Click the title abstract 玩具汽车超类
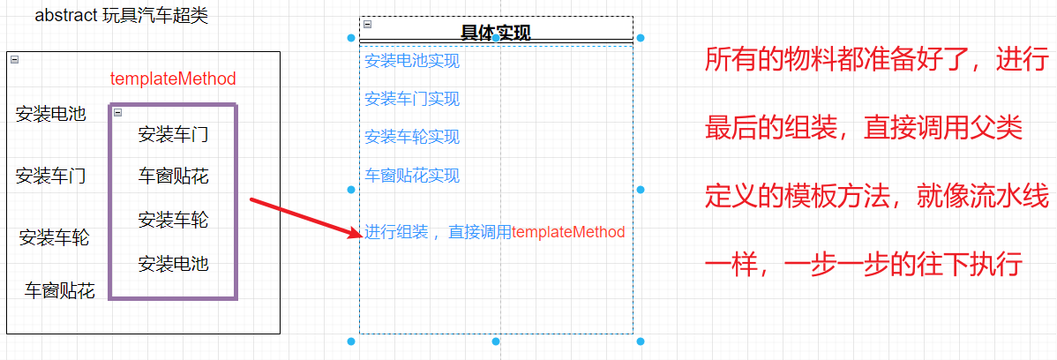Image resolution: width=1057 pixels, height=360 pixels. click(122, 16)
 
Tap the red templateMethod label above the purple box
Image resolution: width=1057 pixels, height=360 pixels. click(173, 79)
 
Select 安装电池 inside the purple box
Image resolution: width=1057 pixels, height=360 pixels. click(173, 264)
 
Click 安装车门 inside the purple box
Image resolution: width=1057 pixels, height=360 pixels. click(173, 135)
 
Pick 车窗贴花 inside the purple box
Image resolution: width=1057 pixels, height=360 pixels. click(173, 176)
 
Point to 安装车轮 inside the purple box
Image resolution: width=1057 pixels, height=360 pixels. click(173, 220)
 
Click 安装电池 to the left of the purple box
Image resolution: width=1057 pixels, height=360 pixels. click(51, 114)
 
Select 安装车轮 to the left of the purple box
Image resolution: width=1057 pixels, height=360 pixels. click(54, 237)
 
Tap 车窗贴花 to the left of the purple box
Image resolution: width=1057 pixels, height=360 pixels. click(59, 290)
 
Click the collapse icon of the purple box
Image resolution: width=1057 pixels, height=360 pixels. click(117, 113)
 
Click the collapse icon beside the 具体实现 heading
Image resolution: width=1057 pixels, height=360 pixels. click(367, 25)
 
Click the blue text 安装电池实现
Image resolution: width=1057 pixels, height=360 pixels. click(412, 61)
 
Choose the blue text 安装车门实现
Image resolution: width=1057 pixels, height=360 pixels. click(412, 99)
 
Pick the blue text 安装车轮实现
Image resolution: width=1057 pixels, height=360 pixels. click(412, 137)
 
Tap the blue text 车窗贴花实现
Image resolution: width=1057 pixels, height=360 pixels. click(412, 176)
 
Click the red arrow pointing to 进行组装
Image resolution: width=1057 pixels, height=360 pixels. click(305, 217)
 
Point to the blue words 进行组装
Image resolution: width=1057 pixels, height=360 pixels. click(396, 232)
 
